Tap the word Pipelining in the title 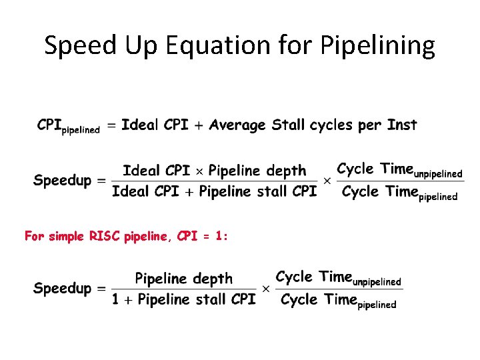(378, 46)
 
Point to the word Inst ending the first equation (401, 125)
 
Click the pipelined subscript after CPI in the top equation (81, 130)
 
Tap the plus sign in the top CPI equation (198, 125)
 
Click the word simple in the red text (66, 235)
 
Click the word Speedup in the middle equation (63, 180)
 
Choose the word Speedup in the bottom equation (63, 288)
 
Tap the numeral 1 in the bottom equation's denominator (116, 299)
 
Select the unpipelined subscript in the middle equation (438, 174)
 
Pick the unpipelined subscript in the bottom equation (377, 281)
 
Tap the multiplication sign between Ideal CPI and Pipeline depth (198, 171)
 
